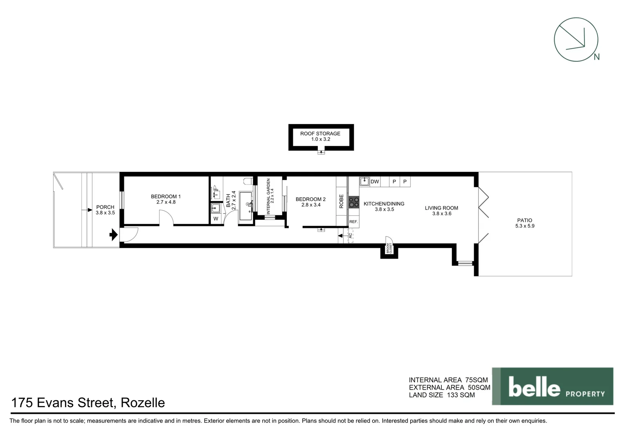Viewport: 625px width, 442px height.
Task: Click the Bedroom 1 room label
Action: (166, 196)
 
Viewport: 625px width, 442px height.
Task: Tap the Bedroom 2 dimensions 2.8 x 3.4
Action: (310, 205)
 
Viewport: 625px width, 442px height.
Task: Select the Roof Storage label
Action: (320, 133)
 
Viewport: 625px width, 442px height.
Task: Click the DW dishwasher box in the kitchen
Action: (375, 182)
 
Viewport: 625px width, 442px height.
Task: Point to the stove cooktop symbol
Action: (353, 202)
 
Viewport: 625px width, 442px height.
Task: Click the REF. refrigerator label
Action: (353, 222)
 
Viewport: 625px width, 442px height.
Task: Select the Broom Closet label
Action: (389, 248)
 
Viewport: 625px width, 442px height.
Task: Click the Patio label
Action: (524, 220)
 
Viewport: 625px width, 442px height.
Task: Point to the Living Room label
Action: (441, 208)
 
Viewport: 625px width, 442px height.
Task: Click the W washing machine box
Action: (216, 219)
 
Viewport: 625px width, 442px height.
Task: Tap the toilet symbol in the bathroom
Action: (247, 181)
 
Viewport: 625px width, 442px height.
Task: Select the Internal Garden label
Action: (269, 196)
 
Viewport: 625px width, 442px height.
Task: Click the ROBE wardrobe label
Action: (342, 201)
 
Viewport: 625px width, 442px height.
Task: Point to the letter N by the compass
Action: (596, 57)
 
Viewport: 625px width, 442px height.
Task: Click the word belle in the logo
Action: (534, 387)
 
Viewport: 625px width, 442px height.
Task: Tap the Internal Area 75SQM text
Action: (448, 380)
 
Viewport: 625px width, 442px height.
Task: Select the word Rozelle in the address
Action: (143, 403)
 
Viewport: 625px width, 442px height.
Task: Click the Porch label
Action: (105, 207)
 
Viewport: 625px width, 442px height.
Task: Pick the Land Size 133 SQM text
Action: (442, 395)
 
